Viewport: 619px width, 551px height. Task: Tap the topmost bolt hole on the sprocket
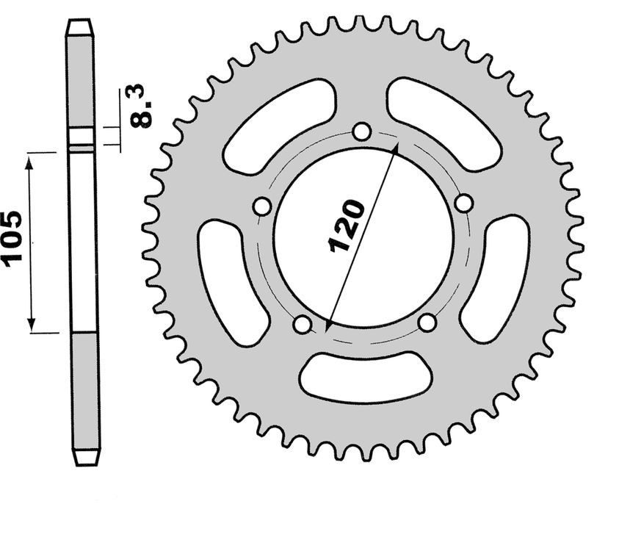tap(361, 132)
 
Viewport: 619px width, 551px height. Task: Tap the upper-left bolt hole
tap(261, 207)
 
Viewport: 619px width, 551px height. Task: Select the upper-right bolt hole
tap(463, 203)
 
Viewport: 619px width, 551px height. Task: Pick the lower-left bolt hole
tap(301, 323)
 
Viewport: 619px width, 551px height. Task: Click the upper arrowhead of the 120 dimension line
tap(395, 150)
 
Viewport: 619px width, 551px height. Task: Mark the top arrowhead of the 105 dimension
tap(31, 159)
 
